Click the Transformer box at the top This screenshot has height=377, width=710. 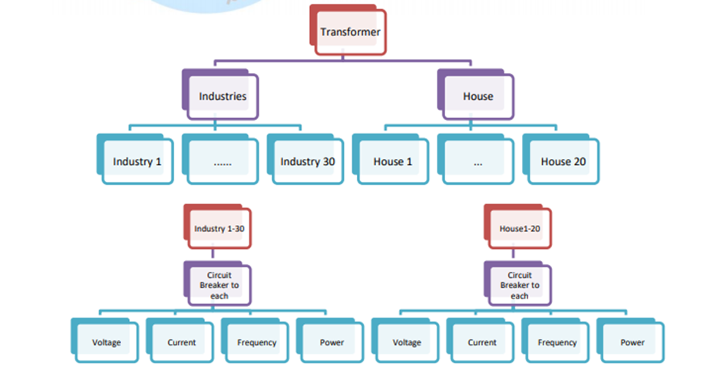point(350,32)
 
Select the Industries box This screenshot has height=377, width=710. point(223,97)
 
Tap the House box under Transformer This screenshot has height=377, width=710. point(477,97)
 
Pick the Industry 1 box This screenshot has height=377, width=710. point(137,161)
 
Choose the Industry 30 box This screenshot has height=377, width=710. point(307,161)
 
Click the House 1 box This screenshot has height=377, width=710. point(392,161)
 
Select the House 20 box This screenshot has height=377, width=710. point(563,161)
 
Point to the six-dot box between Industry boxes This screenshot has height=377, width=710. point(222,161)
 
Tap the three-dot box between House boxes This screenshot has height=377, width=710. point(477,161)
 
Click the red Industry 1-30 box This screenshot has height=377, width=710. point(220,229)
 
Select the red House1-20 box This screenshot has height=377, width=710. point(520,229)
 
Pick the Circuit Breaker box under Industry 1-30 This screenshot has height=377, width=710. point(219,286)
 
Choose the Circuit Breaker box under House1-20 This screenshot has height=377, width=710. point(520,286)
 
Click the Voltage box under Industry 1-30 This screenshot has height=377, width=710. point(106,342)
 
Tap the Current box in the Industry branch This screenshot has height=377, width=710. point(181,342)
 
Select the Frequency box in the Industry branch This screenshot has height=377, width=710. point(256,342)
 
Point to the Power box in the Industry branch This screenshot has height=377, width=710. point(332,342)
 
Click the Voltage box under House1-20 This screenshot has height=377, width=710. point(407,342)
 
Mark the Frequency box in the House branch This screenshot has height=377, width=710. point(557,342)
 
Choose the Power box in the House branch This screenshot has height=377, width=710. point(632,342)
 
